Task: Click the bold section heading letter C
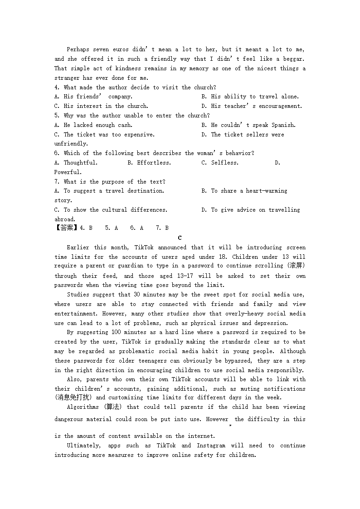(x=180, y=238)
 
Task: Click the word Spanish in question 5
(x=283, y=125)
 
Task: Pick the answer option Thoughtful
(x=80, y=163)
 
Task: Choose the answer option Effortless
(x=154, y=163)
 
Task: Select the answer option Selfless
(x=224, y=163)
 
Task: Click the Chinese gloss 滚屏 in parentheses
(x=297, y=266)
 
